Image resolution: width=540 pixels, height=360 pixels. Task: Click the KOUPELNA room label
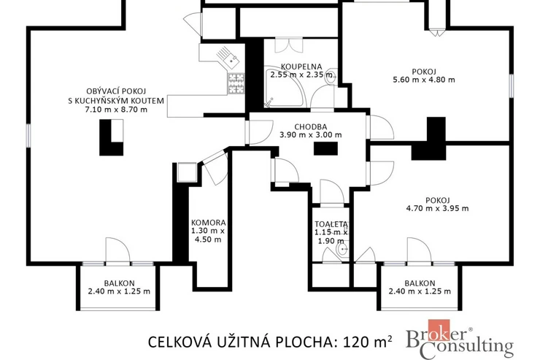pos(301,66)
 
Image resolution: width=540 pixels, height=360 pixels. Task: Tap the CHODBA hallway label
pos(311,127)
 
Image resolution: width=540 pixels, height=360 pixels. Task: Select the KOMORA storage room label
pos(209,223)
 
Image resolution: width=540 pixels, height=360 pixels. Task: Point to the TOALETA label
pos(331,224)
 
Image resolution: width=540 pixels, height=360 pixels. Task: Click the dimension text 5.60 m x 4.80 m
pos(424,80)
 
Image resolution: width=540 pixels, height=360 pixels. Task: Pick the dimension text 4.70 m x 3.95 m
pos(437,208)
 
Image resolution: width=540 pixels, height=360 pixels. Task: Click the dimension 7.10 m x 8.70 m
pos(116,110)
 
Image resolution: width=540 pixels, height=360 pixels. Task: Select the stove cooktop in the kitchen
pos(236,84)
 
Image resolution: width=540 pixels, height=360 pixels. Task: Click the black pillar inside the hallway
pos(325,148)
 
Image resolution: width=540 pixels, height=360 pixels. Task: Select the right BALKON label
pos(420,283)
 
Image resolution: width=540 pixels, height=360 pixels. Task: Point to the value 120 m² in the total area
pos(368,342)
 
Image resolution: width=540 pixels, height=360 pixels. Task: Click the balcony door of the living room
pos(117,251)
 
